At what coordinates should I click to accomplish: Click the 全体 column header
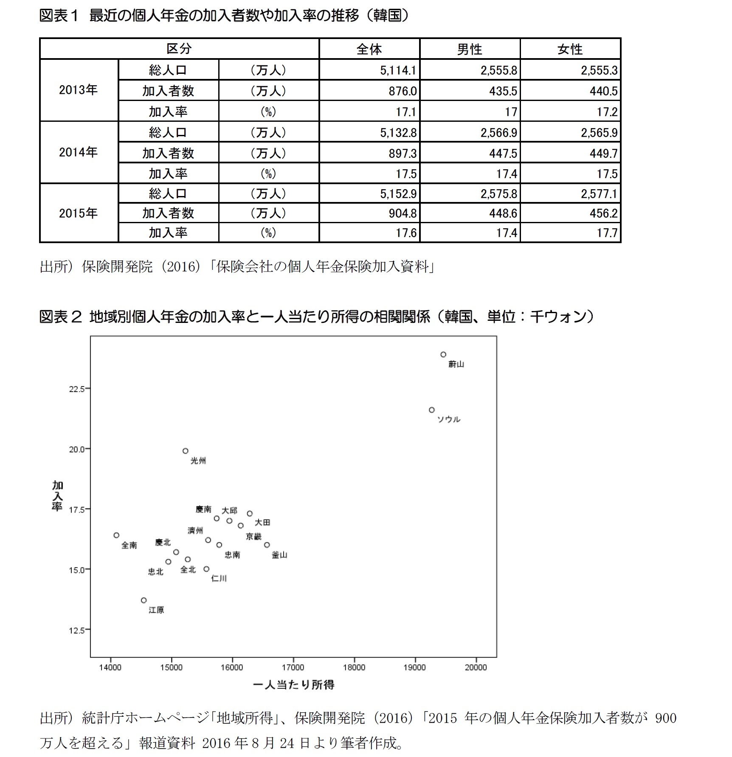(x=369, y=49)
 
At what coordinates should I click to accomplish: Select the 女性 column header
(x=570, y=49)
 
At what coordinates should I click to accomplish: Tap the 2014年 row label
(x=78, y=152)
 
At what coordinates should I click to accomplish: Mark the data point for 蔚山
(x=443, y=354)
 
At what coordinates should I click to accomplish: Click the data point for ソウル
(x=432, y=410)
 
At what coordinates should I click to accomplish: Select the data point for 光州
(x=186, y=451)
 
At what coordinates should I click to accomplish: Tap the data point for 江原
(x=144, y=600)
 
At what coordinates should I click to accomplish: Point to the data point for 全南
(x=117, y=535)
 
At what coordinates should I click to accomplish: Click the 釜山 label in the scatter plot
(x=279, y=555)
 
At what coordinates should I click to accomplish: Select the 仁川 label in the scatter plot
(x=219, y=578)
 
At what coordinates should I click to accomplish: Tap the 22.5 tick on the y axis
(x=77, y=389)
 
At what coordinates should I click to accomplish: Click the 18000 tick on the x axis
(x=354, y=667)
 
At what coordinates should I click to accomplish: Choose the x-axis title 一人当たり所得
(x=293, y=685)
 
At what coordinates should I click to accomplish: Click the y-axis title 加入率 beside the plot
(x=57, y=496)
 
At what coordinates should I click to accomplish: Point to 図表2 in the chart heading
(x=60, y=317)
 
